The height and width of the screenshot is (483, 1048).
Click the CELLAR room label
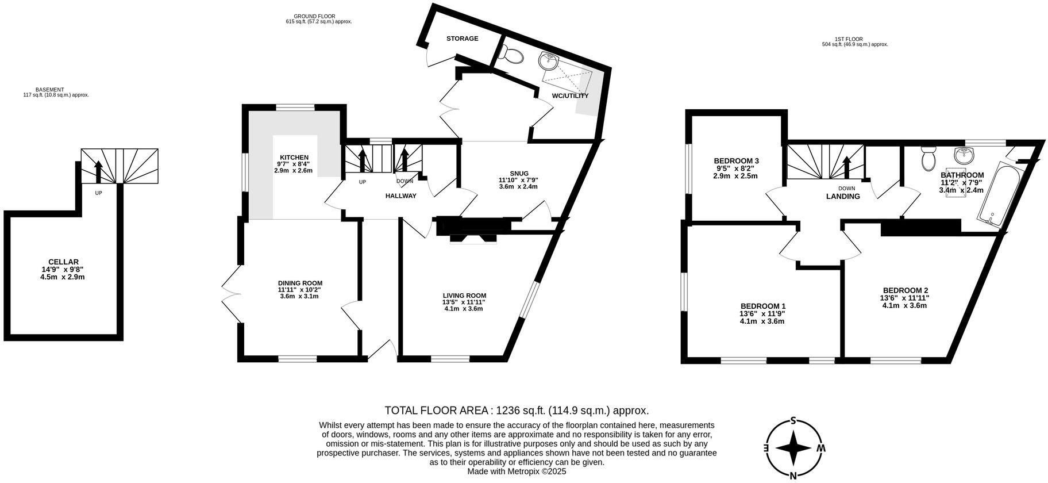pos(63,262)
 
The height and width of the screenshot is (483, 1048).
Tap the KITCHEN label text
pos(294,158)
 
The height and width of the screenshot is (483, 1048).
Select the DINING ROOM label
pos(300,283)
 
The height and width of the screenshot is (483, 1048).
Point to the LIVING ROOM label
pos(464,296)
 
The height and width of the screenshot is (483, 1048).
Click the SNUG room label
pos(518,173)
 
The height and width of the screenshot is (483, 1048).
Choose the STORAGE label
pos(462,39)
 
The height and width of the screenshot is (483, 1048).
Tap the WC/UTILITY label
pos(570,95)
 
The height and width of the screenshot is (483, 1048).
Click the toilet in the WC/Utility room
pos(511,55)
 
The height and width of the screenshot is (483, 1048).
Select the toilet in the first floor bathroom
pos(928,159)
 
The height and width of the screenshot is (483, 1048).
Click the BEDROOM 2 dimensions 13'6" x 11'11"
pos(905,298)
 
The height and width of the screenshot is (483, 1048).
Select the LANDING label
pos(842,196)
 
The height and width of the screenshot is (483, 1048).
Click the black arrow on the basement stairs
pos(98,171)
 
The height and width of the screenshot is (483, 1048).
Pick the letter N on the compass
pos(793,475)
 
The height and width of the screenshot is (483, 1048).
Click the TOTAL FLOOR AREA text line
pos(516,411)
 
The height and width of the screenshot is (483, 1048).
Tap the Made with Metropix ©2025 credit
pos(517,471)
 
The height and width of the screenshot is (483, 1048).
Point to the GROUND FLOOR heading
pos(314,16)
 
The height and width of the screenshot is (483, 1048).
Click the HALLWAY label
pos(400,195)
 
